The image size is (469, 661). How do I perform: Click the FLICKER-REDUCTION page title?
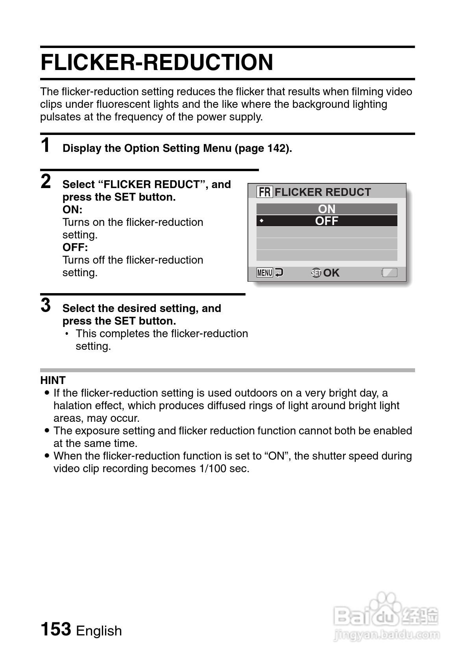click(x=157, y=63)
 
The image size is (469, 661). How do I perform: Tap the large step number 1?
click(x=46, y=145)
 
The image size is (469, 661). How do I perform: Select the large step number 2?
click(x=46, y=181)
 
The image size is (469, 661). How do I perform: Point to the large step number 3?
click(x=46, y=305)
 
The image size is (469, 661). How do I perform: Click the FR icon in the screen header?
click(x=264, y=192)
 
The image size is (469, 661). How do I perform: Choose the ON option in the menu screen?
click(x=327, y=209)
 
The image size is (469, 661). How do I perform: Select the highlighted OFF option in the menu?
click(x=327, y=221)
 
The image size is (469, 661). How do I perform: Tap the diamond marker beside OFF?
click(x=261, y=221)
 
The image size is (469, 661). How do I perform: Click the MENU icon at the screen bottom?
click(x=265, y=273)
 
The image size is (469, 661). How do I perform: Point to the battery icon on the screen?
click(x=390, y=273)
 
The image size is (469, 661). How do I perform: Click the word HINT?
click(x=53, y=380)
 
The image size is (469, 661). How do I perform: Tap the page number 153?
click(x=56, y=629)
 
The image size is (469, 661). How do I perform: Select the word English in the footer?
click(x=99, y=631)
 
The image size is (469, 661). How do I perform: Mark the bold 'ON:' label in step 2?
click(x=72, y=210)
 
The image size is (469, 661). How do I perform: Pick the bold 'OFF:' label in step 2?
click(x=75, y=247)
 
